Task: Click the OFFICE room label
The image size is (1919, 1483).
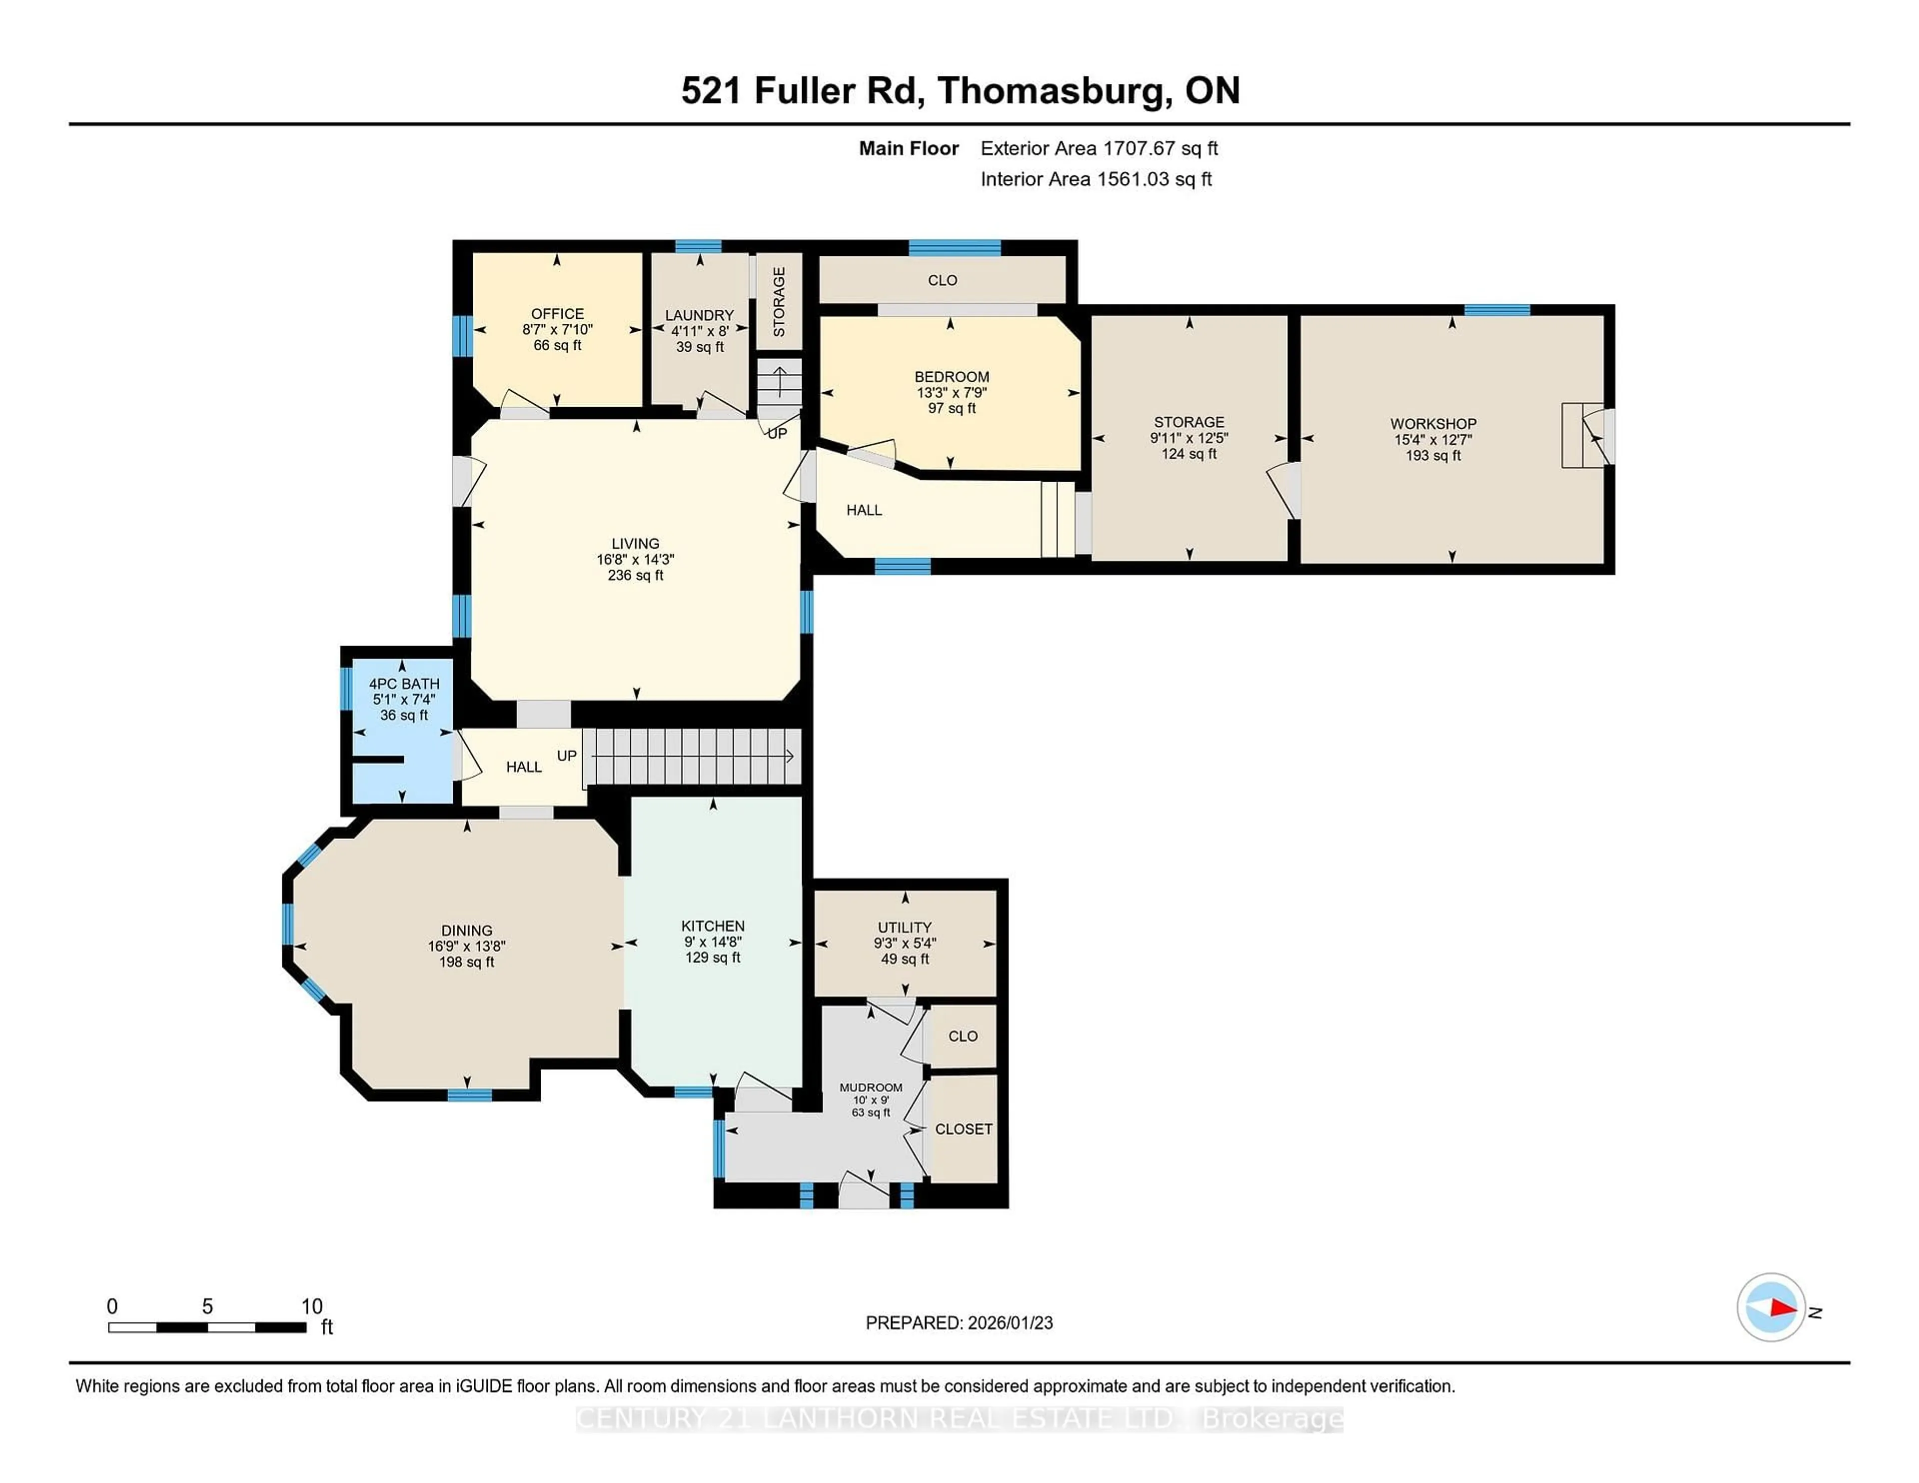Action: (557, 314)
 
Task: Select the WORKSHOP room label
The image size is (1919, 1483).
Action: (1433, 423)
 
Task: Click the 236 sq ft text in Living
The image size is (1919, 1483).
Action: (635, 576)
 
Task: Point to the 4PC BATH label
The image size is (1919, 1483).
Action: (404, 684)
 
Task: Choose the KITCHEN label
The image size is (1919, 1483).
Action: (713, 926)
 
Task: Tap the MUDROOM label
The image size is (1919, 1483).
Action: (871, 1088)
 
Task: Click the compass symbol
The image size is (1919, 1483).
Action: (1771, 1307)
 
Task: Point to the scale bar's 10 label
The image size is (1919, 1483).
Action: (312, 1307)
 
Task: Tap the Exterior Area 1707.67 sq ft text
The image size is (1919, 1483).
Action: (1099, 148)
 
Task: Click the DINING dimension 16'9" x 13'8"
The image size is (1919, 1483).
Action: (467, 946)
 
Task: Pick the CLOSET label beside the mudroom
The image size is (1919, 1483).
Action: (963, 1129)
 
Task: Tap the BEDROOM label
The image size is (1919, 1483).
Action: (952, 377)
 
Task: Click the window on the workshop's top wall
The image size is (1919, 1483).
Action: (1497, 309)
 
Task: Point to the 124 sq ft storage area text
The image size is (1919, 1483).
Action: (1189, 454)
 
